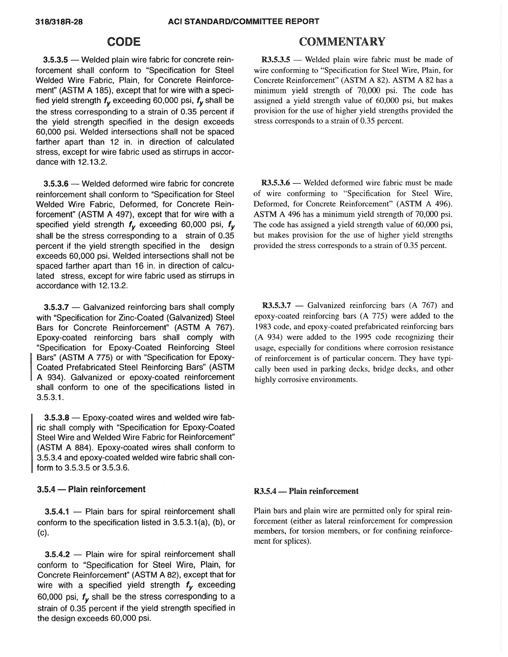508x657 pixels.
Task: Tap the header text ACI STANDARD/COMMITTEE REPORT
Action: [x=244, y=21]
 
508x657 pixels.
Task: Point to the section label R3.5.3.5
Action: [x=276, y=60]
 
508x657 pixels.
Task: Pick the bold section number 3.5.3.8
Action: [x=57, y=418]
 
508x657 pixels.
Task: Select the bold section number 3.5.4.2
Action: [x=57, y=554]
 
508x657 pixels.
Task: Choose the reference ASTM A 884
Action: [x=64, y=447]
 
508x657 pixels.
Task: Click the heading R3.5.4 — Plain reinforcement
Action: [x=306, y=491]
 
